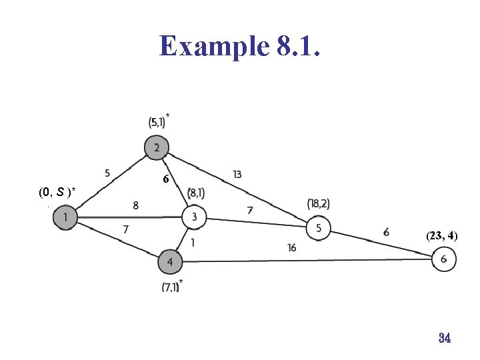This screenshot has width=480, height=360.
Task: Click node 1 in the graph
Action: [65, 217]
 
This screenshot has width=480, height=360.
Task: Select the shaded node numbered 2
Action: [157, 147]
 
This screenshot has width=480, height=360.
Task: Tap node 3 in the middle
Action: [194, 216]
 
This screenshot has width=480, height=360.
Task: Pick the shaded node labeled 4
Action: [170, 263]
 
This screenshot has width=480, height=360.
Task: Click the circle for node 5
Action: [318, 228]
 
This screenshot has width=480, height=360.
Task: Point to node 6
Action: [444, 259]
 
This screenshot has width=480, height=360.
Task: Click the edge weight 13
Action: [237, 175]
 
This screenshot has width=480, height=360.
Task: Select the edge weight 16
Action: [291, 248]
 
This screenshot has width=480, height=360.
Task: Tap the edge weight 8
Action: [136, 206]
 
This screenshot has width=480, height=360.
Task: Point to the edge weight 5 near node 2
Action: [107, 173]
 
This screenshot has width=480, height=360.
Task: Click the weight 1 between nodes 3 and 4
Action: [193, 243]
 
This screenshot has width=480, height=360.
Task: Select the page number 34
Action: [445, 338]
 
